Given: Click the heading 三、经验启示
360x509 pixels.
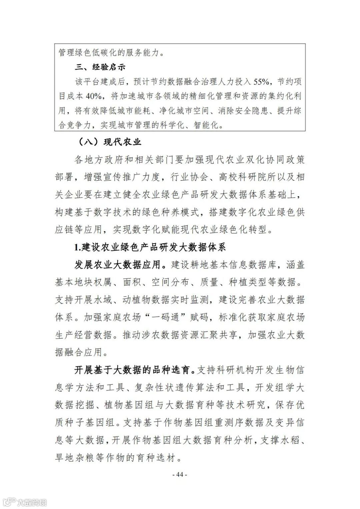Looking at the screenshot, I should (100, 67).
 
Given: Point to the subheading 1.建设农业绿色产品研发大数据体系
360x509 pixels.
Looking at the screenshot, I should (150, 247).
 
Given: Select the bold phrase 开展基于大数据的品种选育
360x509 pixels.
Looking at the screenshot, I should (134, 370).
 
